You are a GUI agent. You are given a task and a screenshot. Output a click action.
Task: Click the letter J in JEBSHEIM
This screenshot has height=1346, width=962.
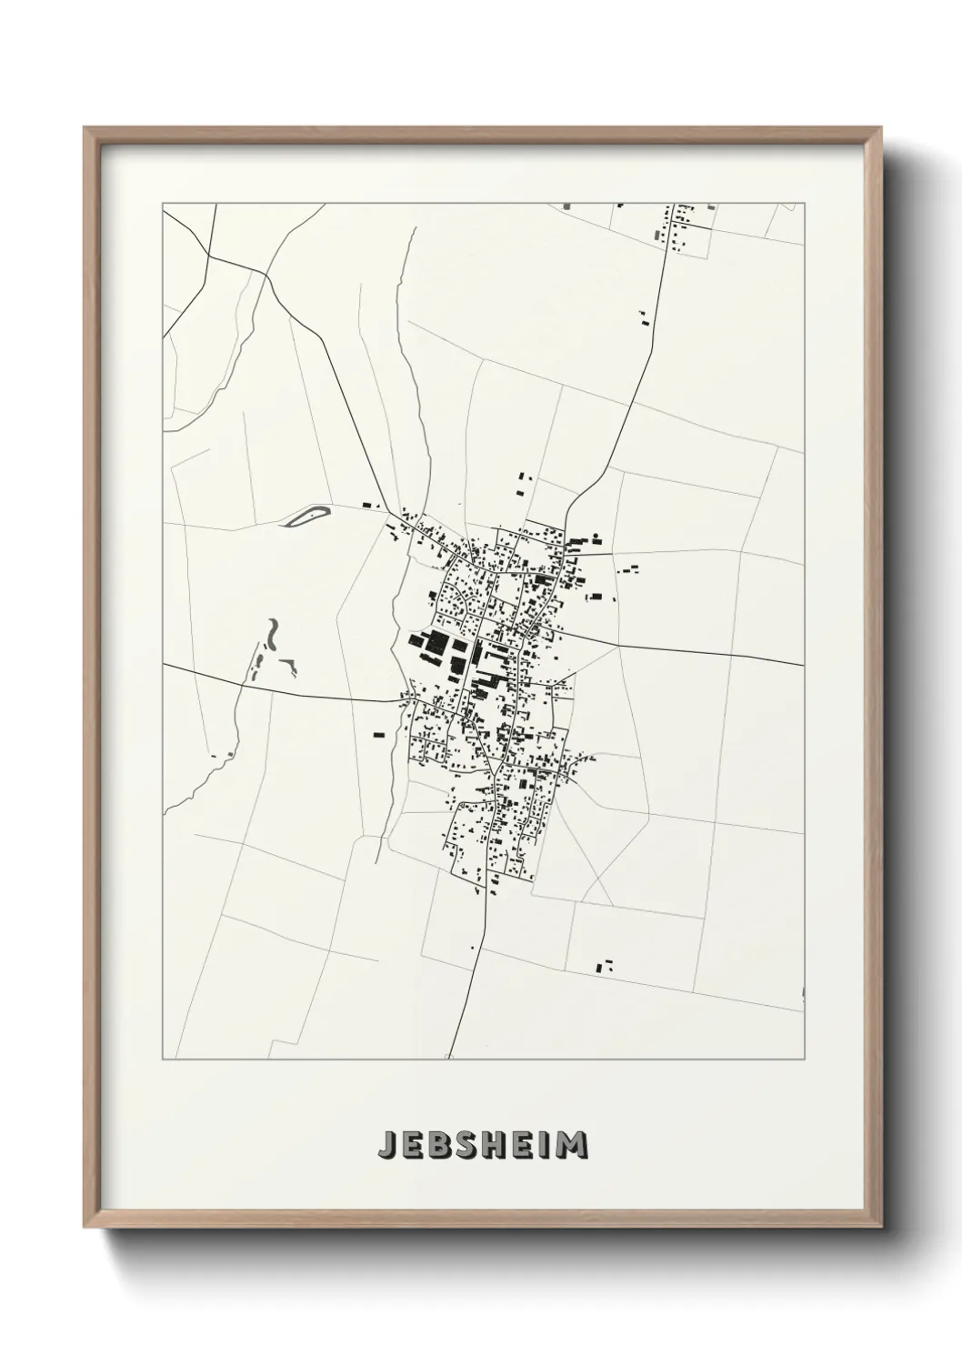[386, 1144]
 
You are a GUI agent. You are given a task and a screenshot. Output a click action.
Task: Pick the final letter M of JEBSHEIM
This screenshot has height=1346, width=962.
[573, 1144]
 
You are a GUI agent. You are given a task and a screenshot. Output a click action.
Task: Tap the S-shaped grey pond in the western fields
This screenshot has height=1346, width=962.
[273, 629]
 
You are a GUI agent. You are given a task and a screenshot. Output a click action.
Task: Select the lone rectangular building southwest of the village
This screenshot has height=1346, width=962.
[378, 733]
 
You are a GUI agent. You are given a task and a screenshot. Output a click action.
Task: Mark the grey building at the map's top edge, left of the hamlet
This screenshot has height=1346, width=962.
[567, 206]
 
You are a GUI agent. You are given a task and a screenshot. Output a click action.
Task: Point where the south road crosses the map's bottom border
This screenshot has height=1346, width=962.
[448, 1059]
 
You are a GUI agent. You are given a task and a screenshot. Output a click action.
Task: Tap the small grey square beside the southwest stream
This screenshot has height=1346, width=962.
[233, 754]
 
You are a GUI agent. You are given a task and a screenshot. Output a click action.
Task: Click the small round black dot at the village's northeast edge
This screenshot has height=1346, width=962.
[596, 538]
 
